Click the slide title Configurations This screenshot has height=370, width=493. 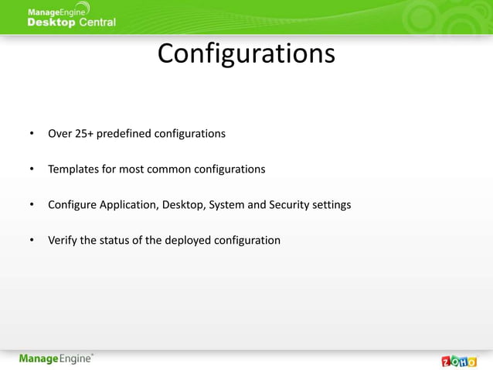pyautogui.click(x=246, y=54)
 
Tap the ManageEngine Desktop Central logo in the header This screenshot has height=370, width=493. pyautogui.click(x=71, y=15)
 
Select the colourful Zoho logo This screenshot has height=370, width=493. pyautogui.click(x=458, y=361)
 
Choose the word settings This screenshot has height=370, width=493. pyautogui.click(x=331, y=204)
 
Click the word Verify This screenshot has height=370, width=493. pyautogui.click(x=62, y=240)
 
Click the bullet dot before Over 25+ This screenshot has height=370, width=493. pyautogui.click(x=31, y=134)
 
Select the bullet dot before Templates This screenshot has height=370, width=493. pyautogui.click(x=31, y=170)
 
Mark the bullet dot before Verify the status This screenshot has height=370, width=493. pyautogui.click(x=31, y=241)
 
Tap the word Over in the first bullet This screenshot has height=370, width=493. pyautogui.click(x=59, y=133)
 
